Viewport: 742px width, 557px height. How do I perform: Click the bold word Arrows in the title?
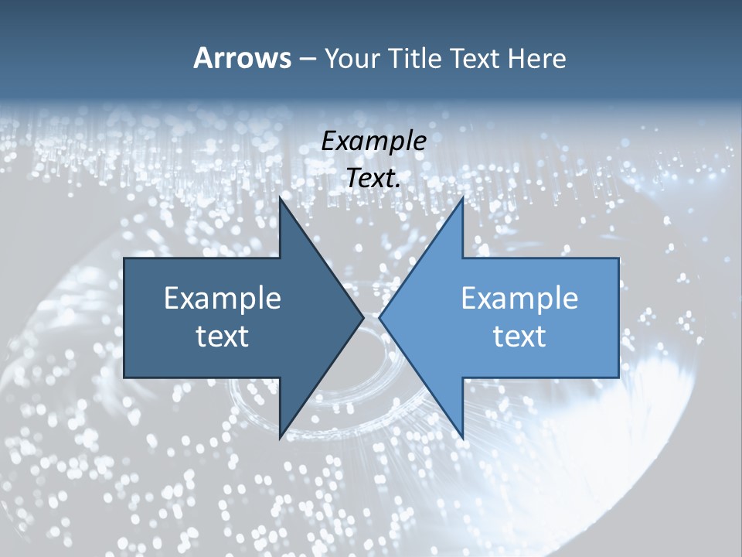242,58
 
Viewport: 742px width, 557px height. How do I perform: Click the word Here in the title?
536,58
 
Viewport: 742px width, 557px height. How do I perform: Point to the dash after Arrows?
307,60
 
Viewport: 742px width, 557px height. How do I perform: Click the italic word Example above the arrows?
373,141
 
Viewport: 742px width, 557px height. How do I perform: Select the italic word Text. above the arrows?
373,178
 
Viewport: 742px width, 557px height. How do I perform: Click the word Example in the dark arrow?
223,298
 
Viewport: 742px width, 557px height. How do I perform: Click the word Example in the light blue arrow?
519,298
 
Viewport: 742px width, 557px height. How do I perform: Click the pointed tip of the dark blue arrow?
363,317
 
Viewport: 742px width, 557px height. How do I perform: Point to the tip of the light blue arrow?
379,317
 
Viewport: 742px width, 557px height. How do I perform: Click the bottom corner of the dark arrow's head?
279,439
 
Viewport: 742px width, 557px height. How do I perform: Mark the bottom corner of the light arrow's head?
463,439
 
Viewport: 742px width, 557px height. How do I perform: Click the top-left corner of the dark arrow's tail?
124,258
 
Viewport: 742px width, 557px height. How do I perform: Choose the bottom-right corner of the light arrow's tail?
618,377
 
